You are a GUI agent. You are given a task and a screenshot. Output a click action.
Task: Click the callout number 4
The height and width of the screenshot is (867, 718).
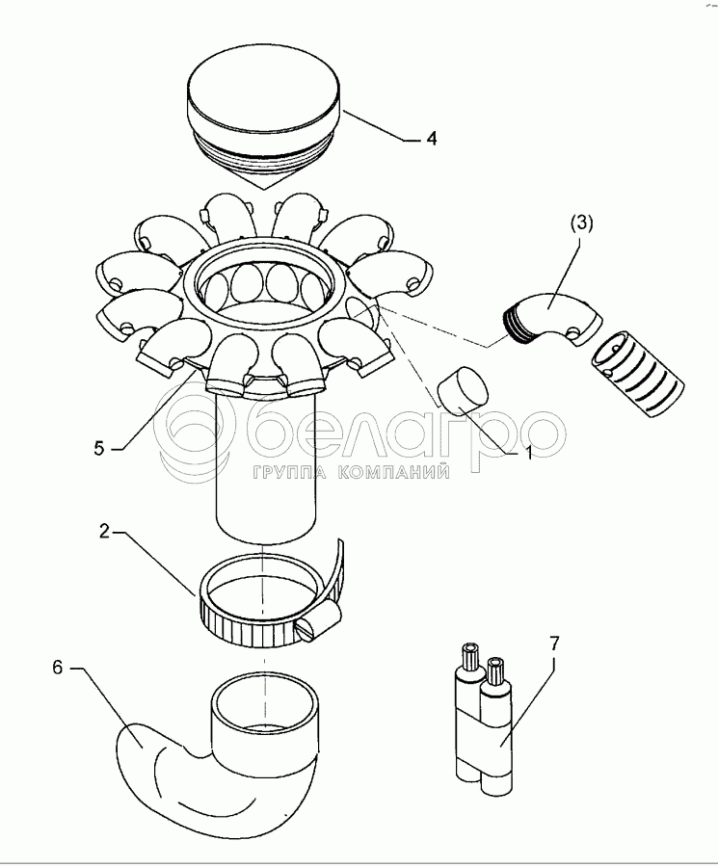point(431,138)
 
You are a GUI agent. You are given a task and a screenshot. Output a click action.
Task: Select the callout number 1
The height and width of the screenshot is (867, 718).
point(527,454)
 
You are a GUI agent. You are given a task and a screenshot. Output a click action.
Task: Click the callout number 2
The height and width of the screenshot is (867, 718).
point(105,532)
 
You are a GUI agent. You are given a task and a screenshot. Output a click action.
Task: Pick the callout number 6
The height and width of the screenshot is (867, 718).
point(58,668)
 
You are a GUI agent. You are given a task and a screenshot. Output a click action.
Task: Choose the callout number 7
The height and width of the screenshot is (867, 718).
point(555,644)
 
